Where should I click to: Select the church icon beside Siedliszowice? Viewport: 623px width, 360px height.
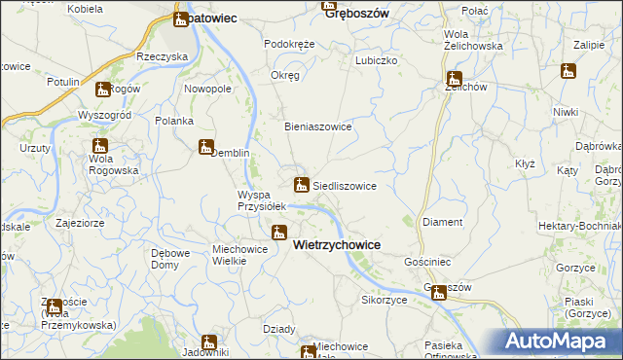(x=302, y=184)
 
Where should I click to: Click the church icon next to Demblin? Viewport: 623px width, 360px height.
(x=206, y=148)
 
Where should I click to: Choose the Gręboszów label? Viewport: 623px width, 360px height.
(x=356, y=13)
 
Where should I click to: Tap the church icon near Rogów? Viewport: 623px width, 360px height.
(x=103, y=90)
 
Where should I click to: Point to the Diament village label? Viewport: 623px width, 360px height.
(x=443, y=222)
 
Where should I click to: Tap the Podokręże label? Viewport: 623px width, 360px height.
(x=289, y=45)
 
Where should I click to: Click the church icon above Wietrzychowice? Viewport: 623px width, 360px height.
(x=278, y=233)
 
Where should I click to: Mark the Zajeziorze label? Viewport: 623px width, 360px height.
(x=80, y=222)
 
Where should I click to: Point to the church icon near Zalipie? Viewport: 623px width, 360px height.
(x=568, y=71)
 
